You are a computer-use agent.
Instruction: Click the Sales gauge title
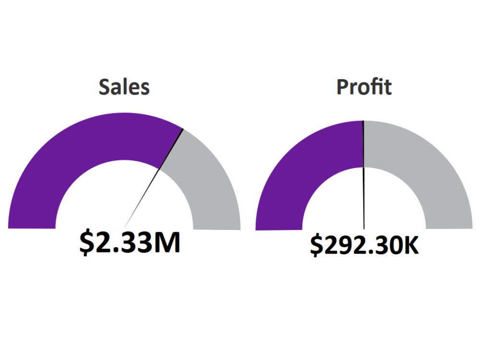[124, 87]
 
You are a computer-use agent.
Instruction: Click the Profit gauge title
[364, 87]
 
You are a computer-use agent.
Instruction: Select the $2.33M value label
[130, 242]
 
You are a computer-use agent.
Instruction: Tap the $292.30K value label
[364, 245]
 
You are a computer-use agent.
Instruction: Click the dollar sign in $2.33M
[87, 242]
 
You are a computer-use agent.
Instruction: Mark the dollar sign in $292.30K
[316, 245]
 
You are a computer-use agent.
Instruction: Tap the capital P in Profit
[342, 87]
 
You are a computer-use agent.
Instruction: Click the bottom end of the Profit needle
[364, 228]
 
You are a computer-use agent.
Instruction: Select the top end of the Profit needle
[363, 121]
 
